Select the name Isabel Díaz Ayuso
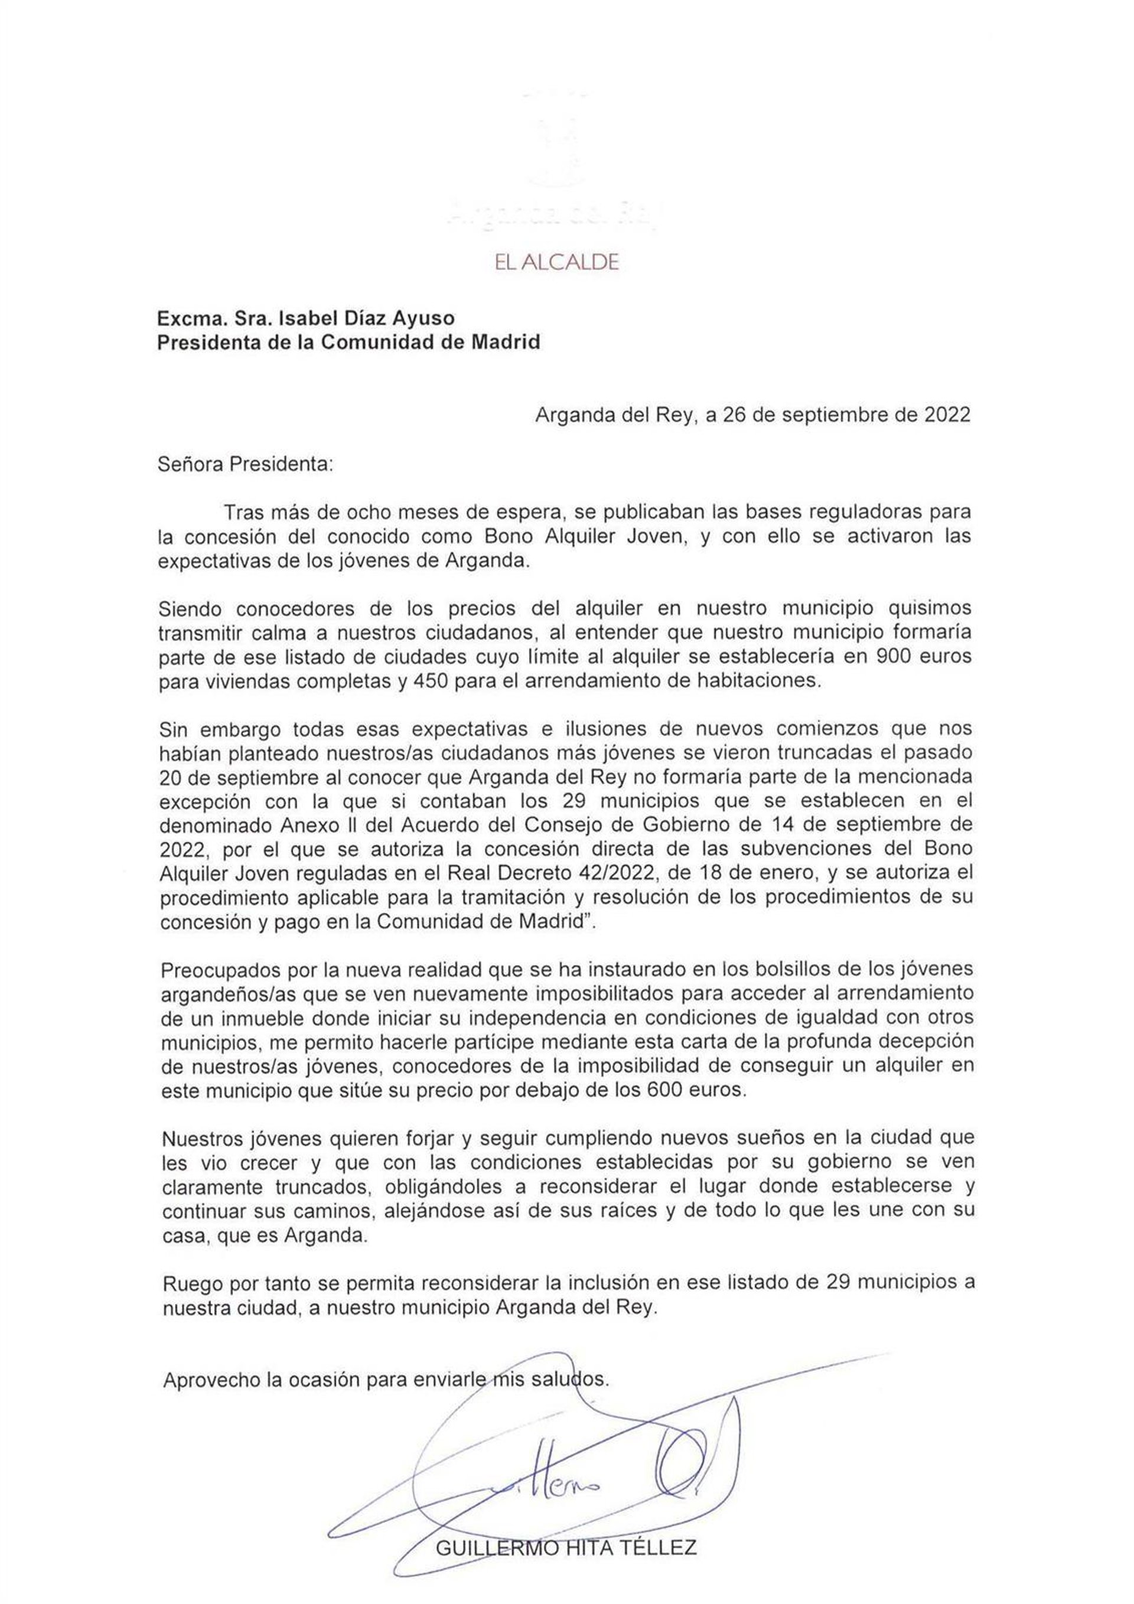(366, 318)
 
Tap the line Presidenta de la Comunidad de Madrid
(348, 343)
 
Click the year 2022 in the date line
(947, 415)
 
